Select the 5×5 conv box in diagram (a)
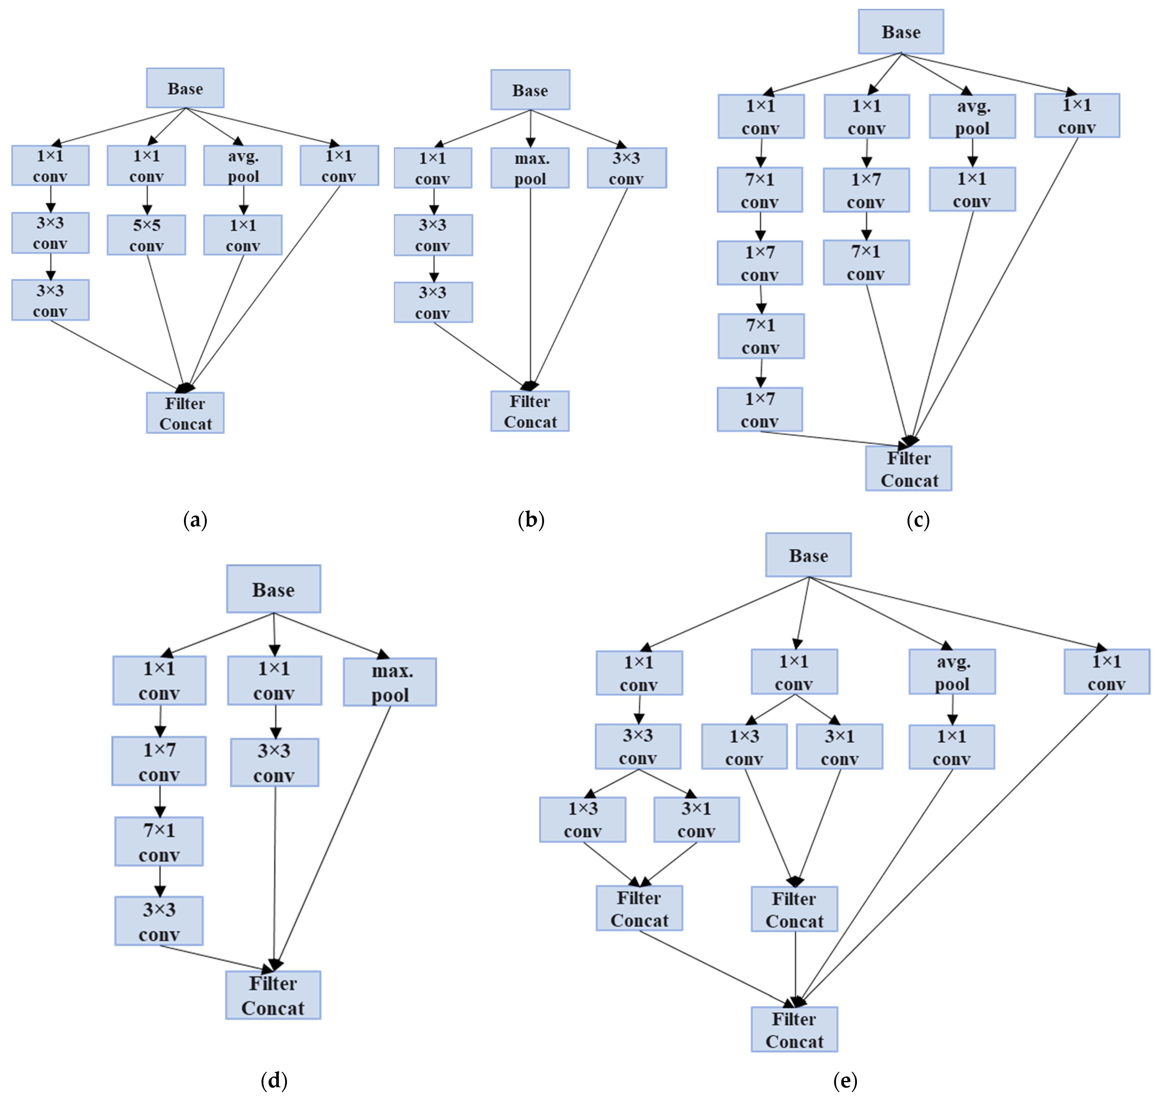pyautogui.click(x=146, y=235)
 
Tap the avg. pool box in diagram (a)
pyautogui.click(x=242, y=166)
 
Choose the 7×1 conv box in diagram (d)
pyautogui.click(x=159, y=842)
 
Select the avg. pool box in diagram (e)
pyautogui.click(x=952, y=672)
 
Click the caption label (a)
pyautogui.click(x=195, y=520)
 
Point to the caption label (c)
pyautogui.click(x=917, y=520)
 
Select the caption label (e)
pyautogui.click(x=845, y=1080)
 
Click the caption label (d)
pyautogui.click(x=274, y=1080)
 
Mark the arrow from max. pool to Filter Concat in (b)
pyautogui.click(x=530, y=287)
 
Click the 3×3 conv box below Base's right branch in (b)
pyautogui.click(x=626, y=168)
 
